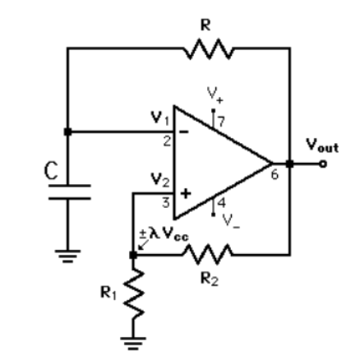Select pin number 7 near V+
220,122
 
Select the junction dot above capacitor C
67,131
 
